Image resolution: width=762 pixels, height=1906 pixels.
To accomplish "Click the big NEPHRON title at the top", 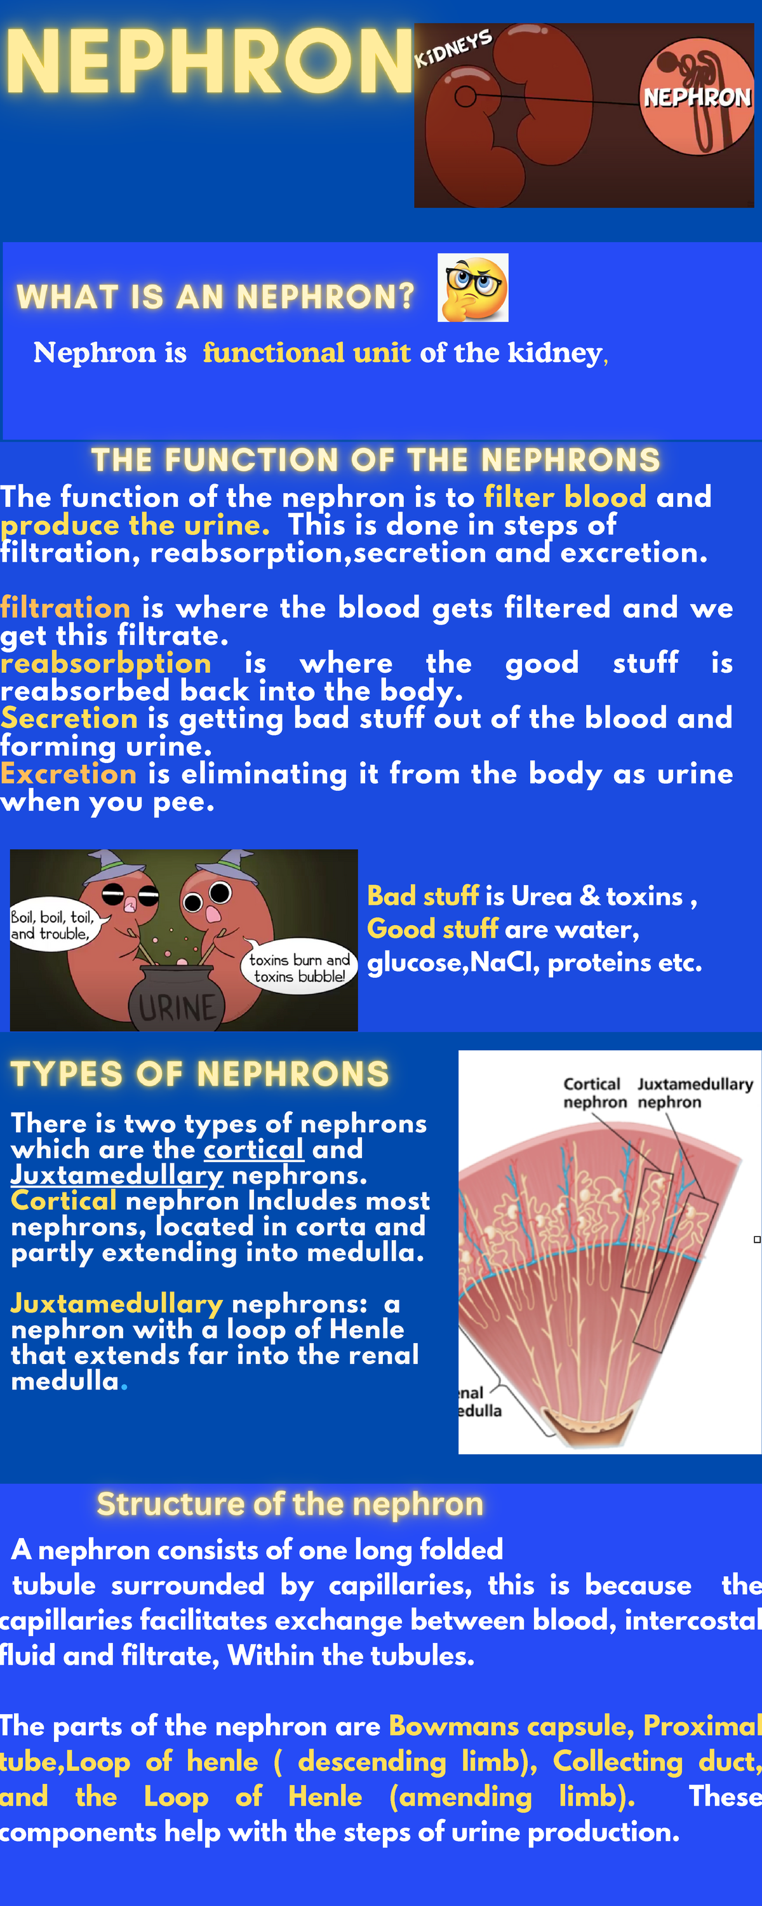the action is [210, 62].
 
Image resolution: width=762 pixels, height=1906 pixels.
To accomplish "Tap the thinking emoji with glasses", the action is [472, 288].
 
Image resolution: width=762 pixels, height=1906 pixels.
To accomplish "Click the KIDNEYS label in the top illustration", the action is [453, 49].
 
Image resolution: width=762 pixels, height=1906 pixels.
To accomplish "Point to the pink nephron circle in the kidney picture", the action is [696, 96].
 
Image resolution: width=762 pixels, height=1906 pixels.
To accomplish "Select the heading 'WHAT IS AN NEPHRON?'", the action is [215, 297].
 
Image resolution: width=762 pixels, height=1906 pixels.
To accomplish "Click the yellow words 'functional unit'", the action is [307, 353].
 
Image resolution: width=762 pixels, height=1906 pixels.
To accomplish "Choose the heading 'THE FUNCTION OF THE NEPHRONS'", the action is [376, 460].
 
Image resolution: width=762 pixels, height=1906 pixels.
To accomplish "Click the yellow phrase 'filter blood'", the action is [565, 496].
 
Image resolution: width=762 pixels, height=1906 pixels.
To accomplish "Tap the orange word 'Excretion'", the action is [69, 773].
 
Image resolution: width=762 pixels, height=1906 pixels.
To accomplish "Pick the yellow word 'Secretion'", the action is [69, 718].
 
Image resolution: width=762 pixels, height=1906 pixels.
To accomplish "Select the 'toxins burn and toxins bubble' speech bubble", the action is [299, 968].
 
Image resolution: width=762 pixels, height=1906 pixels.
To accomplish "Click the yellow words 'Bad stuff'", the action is [423, 896].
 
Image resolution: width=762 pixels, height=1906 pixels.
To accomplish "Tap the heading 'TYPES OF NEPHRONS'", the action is [200, 1074].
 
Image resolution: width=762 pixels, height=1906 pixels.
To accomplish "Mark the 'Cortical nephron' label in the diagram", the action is [592, 1093].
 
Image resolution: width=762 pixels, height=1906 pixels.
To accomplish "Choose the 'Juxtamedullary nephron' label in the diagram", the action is [695, 1093].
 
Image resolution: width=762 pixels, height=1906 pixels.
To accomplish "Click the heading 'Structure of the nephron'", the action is [290, 1504].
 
